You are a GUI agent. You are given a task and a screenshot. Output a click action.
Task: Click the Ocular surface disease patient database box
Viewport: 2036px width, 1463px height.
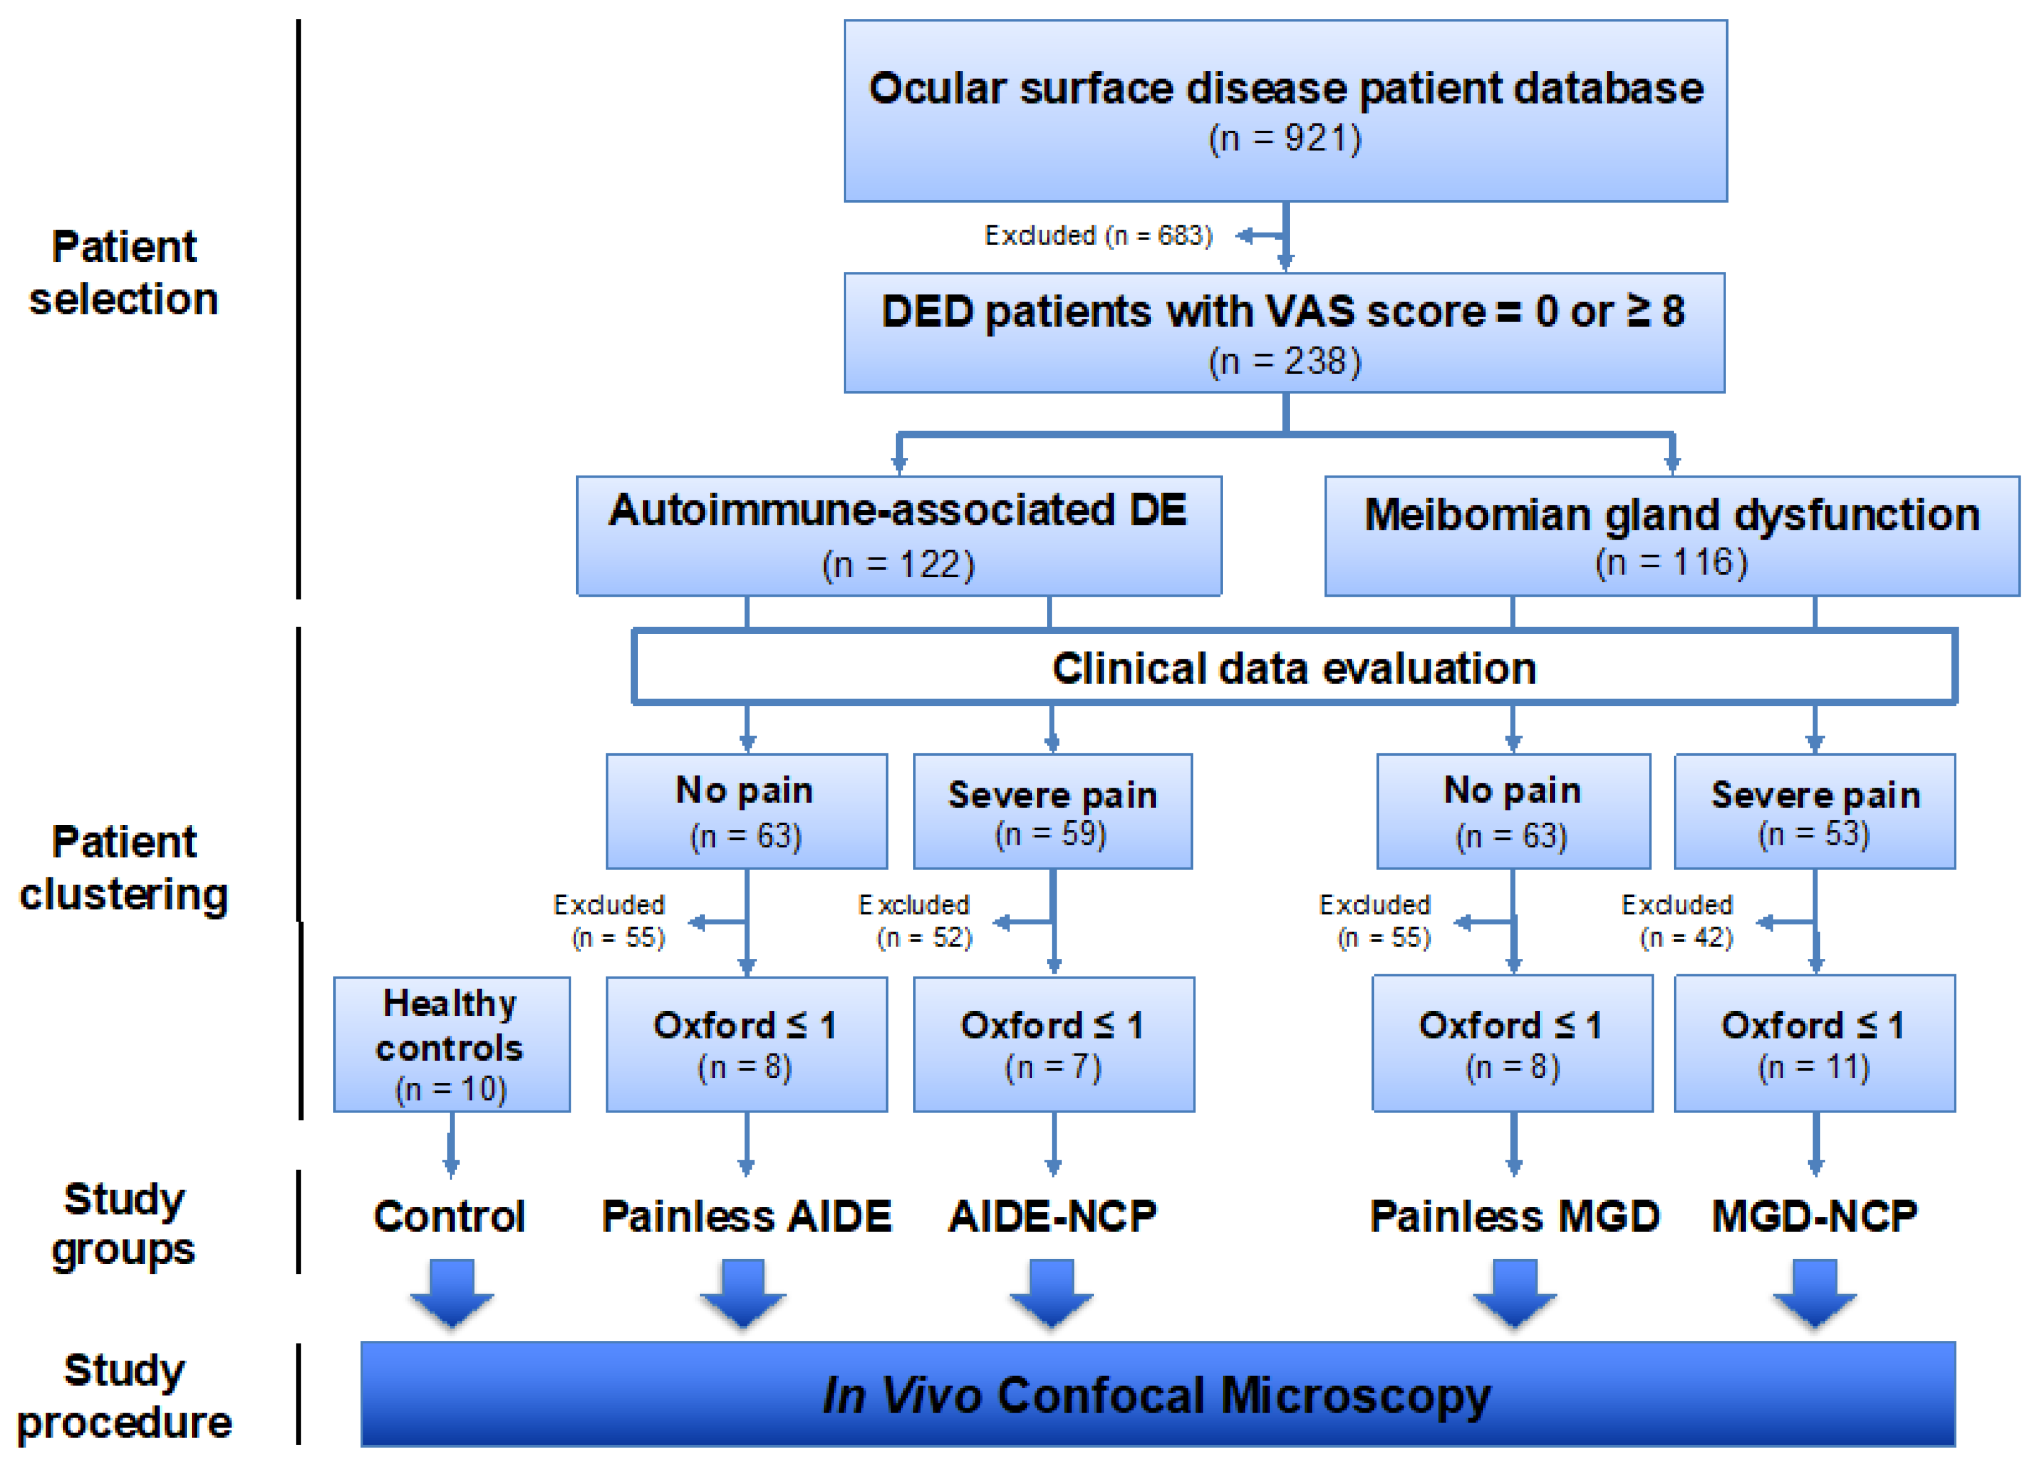click(x=1285, y=111)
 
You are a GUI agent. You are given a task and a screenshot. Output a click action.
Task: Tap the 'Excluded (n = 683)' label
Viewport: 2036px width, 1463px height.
click(x=1098, y=235)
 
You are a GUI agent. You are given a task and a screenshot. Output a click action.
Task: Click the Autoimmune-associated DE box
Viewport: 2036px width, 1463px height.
click(x=898, y=535)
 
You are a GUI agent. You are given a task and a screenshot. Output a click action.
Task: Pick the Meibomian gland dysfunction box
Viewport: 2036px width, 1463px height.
click(x=1672, y=535)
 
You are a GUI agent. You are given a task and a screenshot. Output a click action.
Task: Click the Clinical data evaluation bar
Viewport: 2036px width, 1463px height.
click(x=1294, y=667)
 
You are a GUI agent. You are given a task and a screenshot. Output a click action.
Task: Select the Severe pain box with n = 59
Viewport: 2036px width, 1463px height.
click(x=1052, y=811)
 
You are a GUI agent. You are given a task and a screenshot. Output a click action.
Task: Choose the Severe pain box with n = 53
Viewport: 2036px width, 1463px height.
click(x=1814, y=811)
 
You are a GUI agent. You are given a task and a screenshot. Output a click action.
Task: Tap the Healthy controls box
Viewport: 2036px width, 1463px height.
click(x=452, y=1044)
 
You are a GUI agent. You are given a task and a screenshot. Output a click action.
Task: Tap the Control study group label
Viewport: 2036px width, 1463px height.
click(x=450, y=1216)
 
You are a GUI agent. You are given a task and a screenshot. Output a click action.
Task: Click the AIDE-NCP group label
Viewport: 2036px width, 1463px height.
click(x=1053, y=1216)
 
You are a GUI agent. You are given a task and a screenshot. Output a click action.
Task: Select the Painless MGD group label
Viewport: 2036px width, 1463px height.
click(x=1514, y=1216)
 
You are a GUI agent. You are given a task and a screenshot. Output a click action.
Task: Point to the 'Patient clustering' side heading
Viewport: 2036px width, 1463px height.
click(x=124, y=867)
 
